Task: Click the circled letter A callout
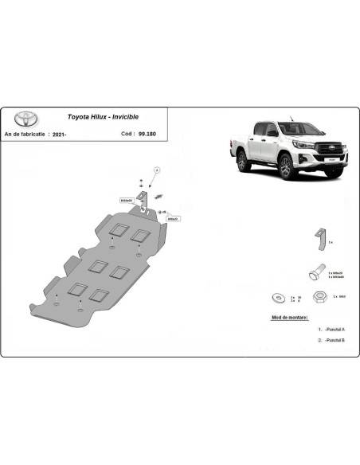click(x=157, y=170)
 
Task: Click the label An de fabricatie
click(x=27, y=133)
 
